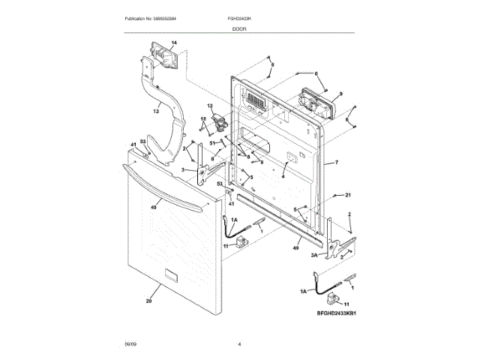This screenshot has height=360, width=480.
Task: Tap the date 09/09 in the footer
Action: tap(130, 343)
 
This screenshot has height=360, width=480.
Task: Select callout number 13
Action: tap(157, 111)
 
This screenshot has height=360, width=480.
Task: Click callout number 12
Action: tap(211, 106)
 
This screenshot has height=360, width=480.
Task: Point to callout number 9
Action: tap(340, 94)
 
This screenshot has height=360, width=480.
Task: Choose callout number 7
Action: tap(337, 162)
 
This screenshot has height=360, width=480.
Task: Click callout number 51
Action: tap(212, 143)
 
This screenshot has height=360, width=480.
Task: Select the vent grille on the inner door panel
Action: tap(256, 102)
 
